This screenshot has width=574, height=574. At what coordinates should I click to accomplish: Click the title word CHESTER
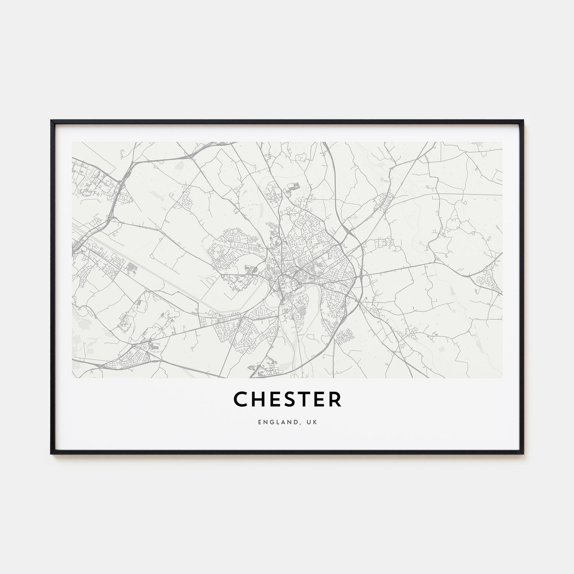[x=287, y=400]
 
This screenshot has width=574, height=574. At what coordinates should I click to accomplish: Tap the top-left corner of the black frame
[x=52, y=121]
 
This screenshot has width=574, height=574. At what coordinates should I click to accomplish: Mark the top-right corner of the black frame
[x=523, y=121]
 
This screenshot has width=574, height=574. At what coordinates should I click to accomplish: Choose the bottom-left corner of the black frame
[x=52, y=453]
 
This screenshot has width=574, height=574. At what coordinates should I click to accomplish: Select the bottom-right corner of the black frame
[x=523, y=453]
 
